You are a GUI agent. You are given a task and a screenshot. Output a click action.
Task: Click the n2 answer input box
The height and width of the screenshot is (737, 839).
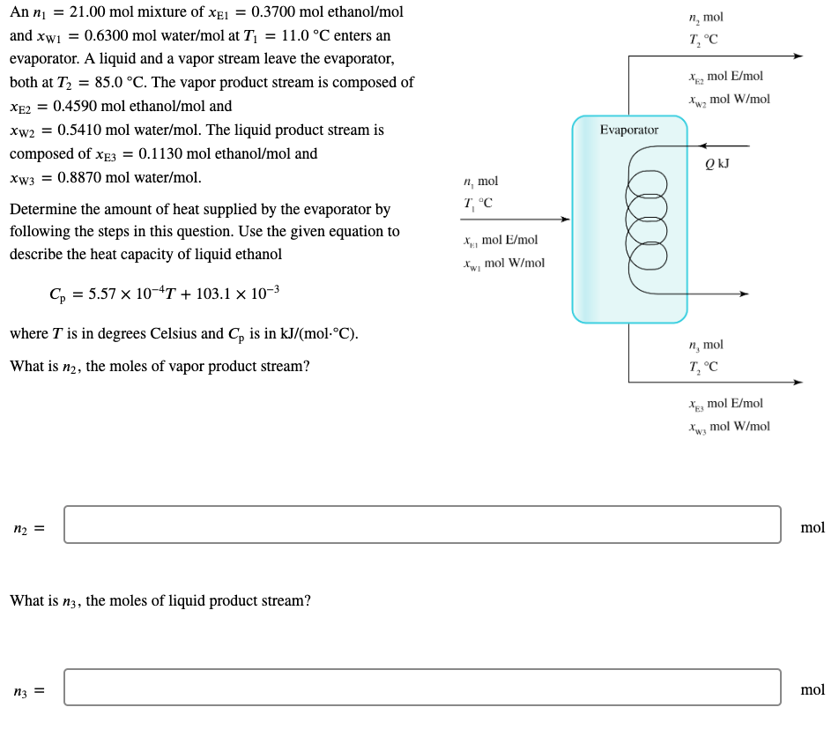(422, 525)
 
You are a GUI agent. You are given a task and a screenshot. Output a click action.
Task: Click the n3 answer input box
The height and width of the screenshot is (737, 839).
(422, 688)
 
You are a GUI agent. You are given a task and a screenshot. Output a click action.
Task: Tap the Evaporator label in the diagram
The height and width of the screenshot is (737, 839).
(628, 130)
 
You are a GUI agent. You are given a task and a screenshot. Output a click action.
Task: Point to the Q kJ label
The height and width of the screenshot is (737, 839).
(716, 163)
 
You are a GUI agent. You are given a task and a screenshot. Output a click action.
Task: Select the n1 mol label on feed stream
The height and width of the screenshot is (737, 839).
(480, 182)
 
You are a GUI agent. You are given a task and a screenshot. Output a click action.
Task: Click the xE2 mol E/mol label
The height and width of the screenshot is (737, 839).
(726, 77)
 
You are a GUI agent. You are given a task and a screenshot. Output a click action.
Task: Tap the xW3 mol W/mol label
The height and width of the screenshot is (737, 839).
(729, 427)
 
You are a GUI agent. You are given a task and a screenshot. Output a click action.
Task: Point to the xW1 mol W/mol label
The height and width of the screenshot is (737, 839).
(503, 263)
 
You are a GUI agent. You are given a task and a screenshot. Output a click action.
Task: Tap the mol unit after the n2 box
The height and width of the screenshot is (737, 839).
(812, 527)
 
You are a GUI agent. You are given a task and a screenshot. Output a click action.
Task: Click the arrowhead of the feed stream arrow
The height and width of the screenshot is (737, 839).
(565, 220)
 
